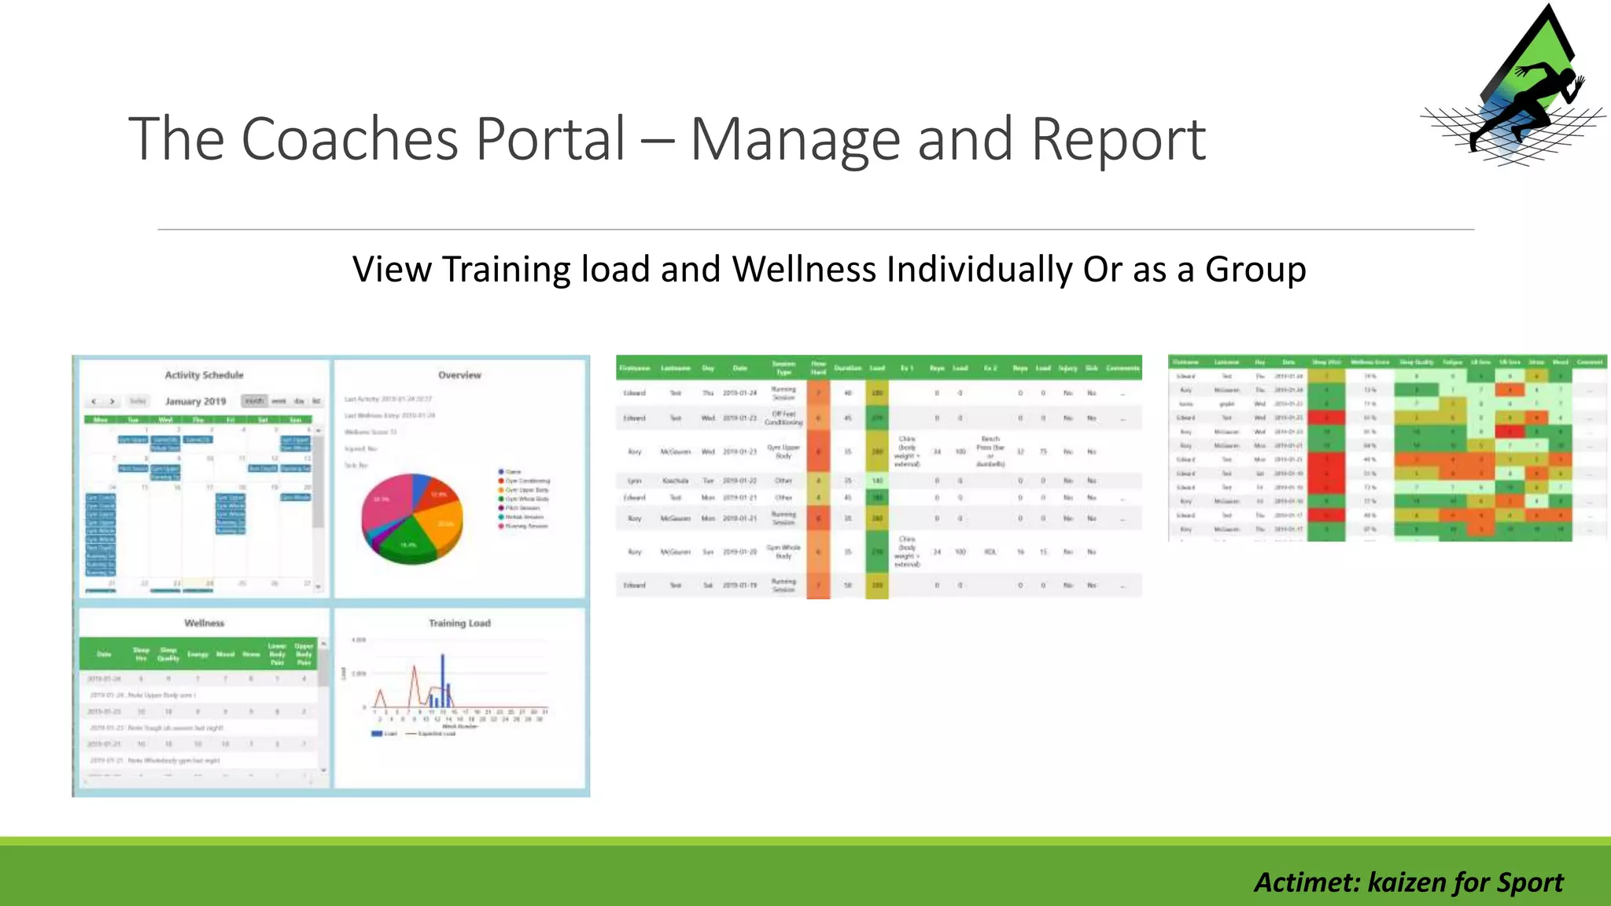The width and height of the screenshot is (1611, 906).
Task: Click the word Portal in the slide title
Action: tap(551, 139)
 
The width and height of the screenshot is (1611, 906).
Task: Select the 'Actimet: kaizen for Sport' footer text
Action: tap(1408, 882)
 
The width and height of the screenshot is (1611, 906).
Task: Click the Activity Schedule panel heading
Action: tap(204, 375)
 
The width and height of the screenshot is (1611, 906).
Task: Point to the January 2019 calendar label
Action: tap(195, 401)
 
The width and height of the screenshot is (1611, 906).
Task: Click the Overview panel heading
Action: tap(459, 375)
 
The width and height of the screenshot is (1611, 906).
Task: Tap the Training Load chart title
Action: tap(459, 623)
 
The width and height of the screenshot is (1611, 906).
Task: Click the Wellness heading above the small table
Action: tap(204, 623)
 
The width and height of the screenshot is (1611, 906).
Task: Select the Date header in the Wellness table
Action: tap(104, 654)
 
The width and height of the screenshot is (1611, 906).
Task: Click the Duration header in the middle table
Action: tap(847, 368)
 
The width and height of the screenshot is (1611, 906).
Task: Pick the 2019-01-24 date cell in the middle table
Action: tap(739, 392)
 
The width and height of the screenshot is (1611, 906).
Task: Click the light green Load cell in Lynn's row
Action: tap(877, 481)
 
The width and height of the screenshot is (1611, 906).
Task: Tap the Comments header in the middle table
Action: tap(1123, 368)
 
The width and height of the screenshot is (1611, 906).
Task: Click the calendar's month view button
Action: tap(254, 401)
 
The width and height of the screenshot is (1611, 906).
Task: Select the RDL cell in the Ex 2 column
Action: tap(990, 552)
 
